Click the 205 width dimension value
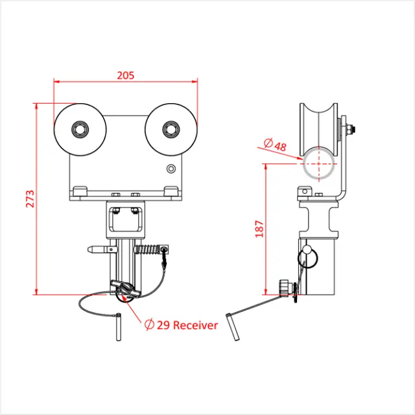(126, 75)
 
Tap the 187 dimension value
(259, 228)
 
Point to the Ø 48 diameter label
(275, 145)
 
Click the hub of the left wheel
(80, 129)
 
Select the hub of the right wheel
(171, 128)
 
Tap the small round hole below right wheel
(171, 169)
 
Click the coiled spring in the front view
(148, 249)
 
